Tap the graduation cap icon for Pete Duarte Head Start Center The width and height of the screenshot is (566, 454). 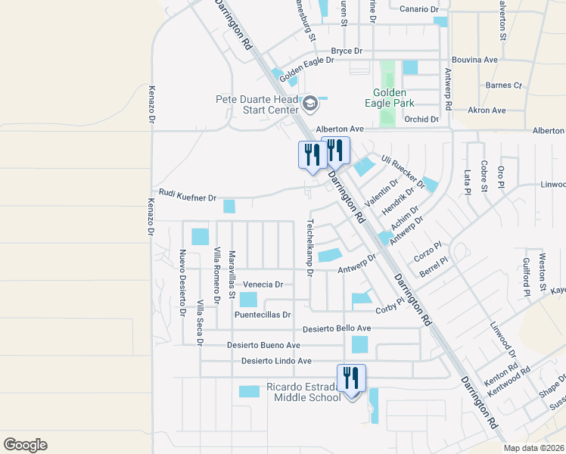point(309,103)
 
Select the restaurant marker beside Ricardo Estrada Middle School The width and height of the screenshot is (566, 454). point(351,378)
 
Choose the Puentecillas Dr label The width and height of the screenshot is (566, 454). point(263,314)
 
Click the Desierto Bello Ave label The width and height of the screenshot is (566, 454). point(337,328)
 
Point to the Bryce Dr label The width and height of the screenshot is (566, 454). point(347,51)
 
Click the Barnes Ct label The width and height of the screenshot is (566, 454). point(504,86)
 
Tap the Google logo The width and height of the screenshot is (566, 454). point(25,445)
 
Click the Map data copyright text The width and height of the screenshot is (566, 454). point(534,448)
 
